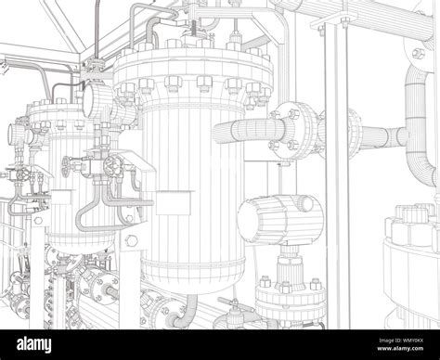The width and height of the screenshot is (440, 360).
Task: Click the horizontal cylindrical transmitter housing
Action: pos(267,222)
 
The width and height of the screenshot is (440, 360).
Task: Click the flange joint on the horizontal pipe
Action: pos(304,129)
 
